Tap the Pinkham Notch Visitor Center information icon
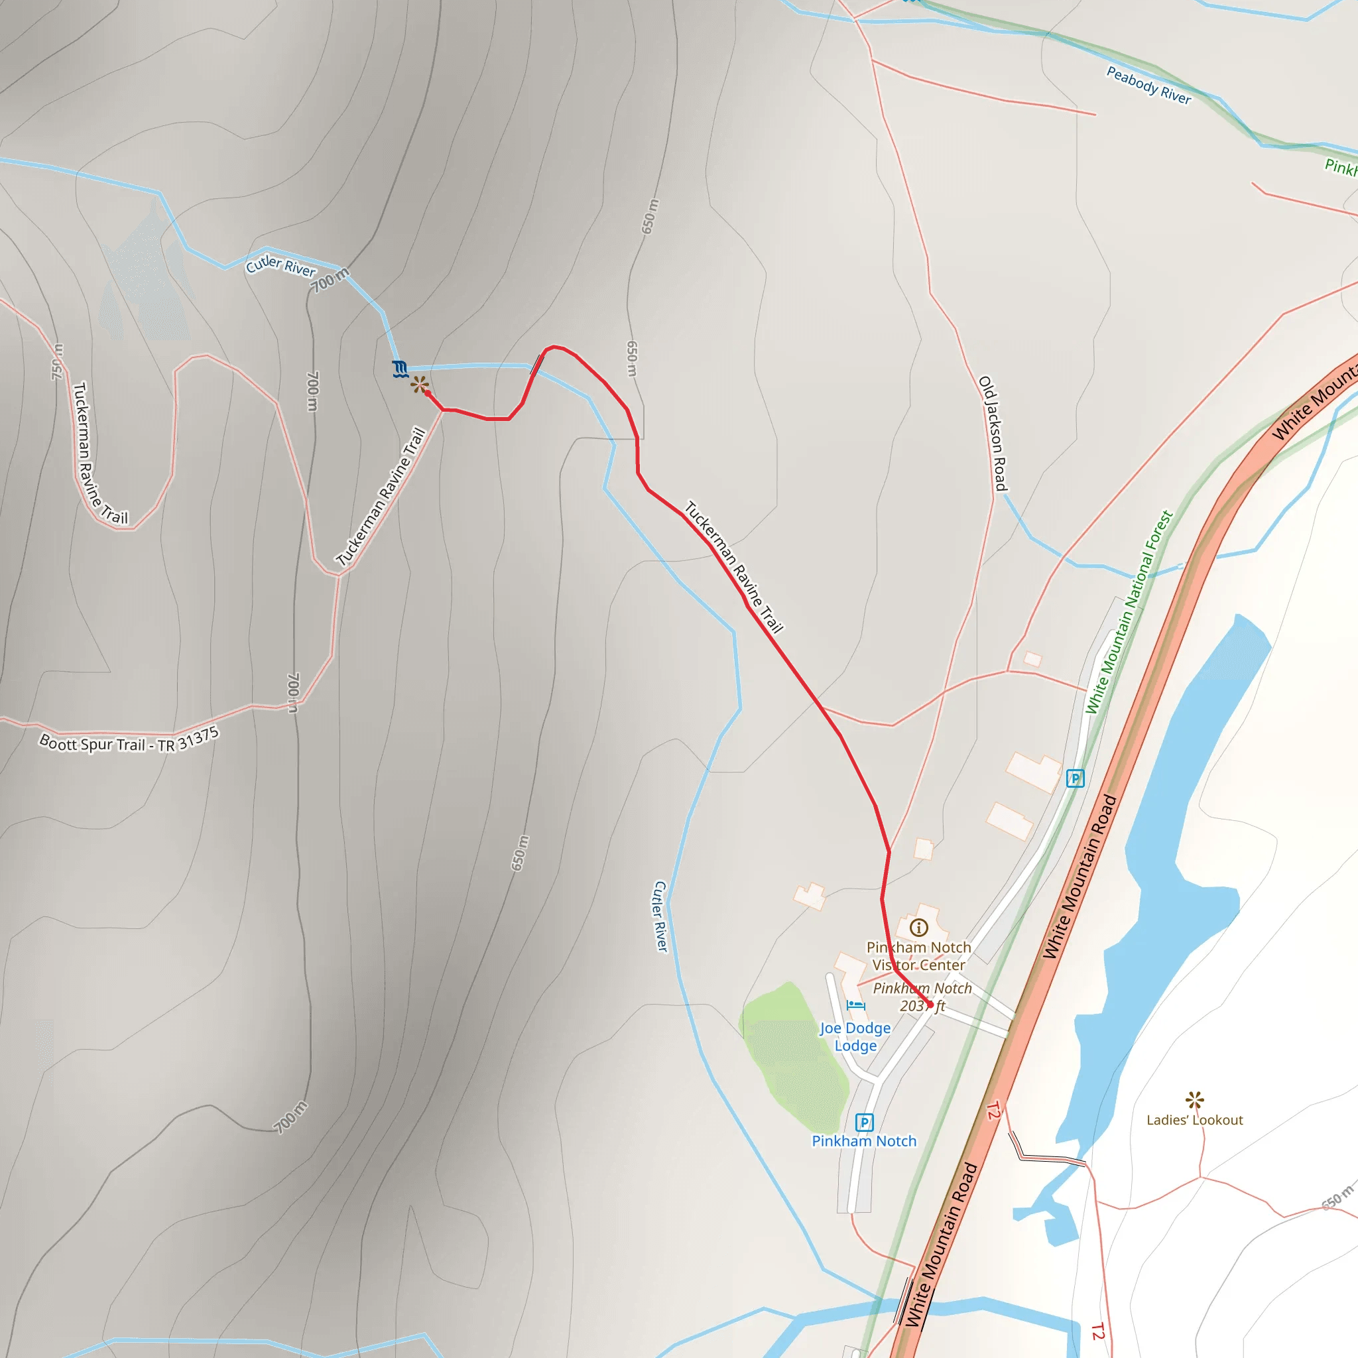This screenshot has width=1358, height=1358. (x=918, y=928)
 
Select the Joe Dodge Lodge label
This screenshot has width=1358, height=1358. (x=855, y=1037)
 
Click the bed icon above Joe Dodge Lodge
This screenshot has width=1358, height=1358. (x=855, y=1005)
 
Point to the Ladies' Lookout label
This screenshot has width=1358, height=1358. (x=1194, y=1120)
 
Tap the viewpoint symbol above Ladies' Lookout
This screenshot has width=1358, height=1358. (x=1194, y=1099)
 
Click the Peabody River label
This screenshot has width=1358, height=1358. (x=1148, y=85)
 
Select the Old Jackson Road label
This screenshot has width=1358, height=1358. (x=993, y=434)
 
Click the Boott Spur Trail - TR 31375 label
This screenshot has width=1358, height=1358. (x=129, y=741)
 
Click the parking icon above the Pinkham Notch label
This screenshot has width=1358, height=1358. (x=864, y=1123)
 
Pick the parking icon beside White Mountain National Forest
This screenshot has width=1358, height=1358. (x=1075, y=778)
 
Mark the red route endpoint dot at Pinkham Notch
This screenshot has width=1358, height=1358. (x=930, y=1005)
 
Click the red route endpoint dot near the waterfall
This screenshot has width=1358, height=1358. (x=428, y=394)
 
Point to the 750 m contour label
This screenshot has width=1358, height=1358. (x=57, y=361)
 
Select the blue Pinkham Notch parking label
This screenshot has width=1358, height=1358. (x=864, y=1141)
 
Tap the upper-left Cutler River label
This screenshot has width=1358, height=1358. (x=280, y=267)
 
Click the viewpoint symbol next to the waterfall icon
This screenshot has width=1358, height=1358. (x=419, y=385)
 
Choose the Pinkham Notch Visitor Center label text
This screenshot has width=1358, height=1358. (x=918, y=956)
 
